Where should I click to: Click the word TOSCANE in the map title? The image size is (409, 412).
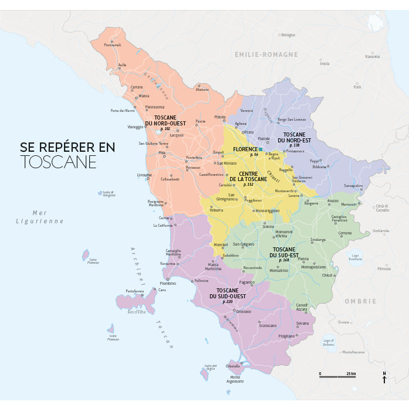click(58, 162)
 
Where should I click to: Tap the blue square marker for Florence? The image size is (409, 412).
click(261, 149)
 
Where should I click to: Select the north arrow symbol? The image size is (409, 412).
click(384, 379)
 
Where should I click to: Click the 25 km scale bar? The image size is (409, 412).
click(337, 376)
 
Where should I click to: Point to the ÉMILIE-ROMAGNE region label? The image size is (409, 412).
click(266, 55)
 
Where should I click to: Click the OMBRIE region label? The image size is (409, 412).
click(360, 301)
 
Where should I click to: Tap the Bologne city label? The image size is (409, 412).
click(288, 35)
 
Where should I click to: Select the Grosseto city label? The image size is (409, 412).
click(244, 311)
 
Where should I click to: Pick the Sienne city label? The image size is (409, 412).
click(268, 226)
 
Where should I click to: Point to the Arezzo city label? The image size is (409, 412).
click(333, 200)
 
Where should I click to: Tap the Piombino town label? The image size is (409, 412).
click(168, 283)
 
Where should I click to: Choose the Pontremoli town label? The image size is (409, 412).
click(112, 45)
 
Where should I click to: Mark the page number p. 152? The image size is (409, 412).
click(248, 185)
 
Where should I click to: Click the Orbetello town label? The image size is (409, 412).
click(233, 366)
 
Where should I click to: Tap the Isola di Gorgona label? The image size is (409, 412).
click(109, 194)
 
